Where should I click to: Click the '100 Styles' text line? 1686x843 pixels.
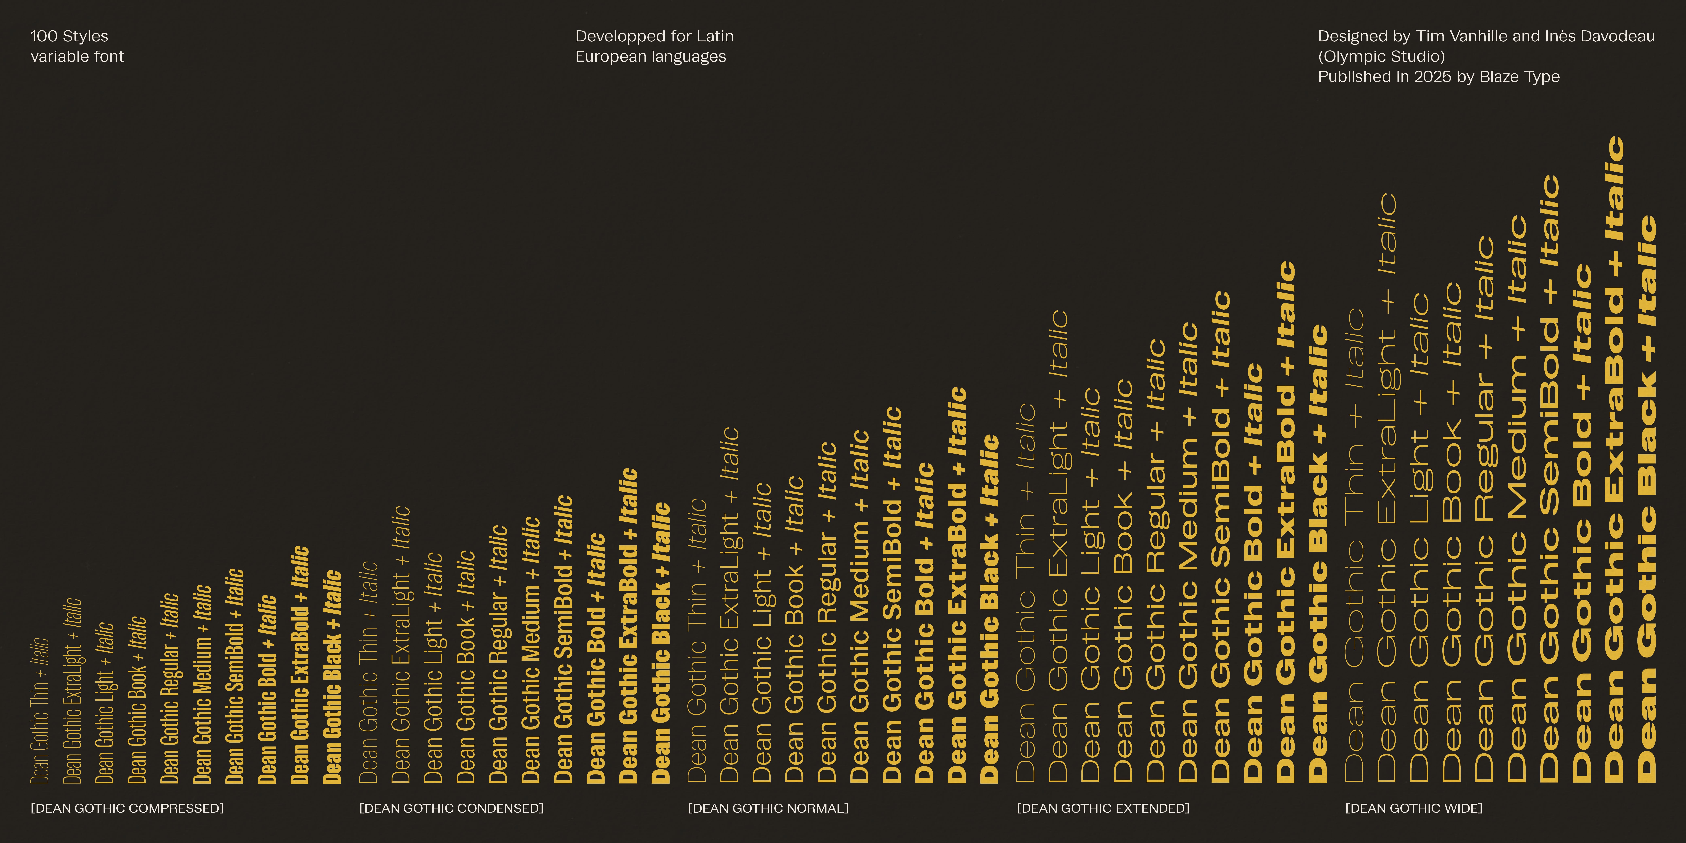pyautogui.click(x=69, y=36)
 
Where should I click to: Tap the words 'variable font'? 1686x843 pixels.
pyautogui.click(x=77, y=57)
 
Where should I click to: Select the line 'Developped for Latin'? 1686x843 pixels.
pyautogui.click(x=655, y=36)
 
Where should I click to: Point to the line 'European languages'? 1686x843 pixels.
pyautogui.click(x=650, y=57)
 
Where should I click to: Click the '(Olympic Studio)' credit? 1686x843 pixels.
pyautogui.click(x=1381, y=57)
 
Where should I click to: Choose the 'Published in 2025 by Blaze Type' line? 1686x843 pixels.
pyautogui.click(x=1439, y=77)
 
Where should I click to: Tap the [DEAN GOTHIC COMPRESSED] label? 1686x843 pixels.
pyautogui.click(x=127, y=808)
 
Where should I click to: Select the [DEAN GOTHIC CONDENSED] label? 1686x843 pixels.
pyautogui.click(x=451, y=808)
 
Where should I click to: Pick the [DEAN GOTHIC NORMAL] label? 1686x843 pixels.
pyautogui.click(x=768, y=808)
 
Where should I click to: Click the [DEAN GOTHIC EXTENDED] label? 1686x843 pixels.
pyautogui.click(x=1103, y=808)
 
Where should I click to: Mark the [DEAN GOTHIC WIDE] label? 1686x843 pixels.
pyautogui.click(x=1414, y=808)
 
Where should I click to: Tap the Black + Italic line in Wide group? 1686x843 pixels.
pyautogui.click(x=1647, y=497)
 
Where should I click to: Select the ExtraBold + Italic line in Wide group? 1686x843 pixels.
pyautogui.click(x=1615, y=458)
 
